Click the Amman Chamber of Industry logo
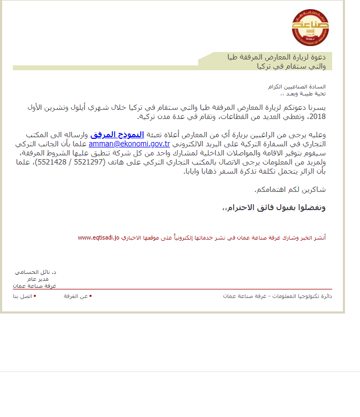[x=310, y=27]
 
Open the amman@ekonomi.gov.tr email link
[x=129, y=144]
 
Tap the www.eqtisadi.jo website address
[x=98, y=236]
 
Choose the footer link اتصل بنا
[x=22, y=296]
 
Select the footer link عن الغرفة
[x=76, y=296]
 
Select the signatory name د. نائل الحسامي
[x=35, y=272]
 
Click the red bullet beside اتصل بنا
[x=35, y=295]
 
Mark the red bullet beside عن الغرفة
[x=91, y=295]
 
